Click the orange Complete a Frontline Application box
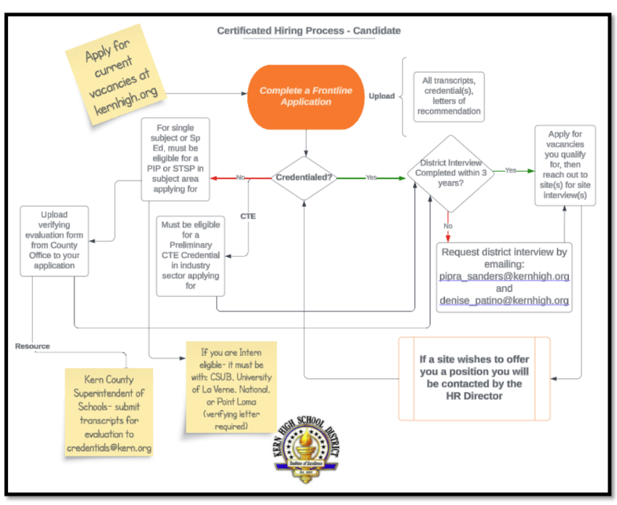(x=305, y=96)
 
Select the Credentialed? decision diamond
(x=304, y=178)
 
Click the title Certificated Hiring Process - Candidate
(x=309, y=31)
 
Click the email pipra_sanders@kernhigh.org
(x=504, y=277)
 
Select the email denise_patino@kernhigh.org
(x=504, y=301)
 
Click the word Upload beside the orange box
(x=382, y=96)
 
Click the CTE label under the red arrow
(x=248, y=216)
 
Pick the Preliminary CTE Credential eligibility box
(x=191, y=255)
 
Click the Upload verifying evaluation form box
(x=55, y=241)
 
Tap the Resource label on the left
(x=33, y=346)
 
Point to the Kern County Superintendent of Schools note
(x=111, y=411)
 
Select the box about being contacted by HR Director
(x=474, y=378)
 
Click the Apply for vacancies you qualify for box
(x=565, y=165)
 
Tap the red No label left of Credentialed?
(x=240, y=178)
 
